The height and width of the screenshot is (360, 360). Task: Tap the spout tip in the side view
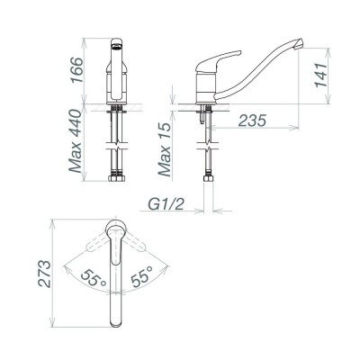(x=299, y=44)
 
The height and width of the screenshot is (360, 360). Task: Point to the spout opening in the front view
(x=115, y=44)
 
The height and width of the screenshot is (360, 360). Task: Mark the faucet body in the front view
(x=115, y=81)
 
